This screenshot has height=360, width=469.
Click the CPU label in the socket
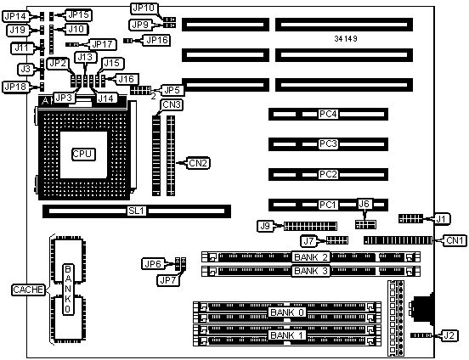coord(83,154)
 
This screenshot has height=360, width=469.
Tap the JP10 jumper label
coord(144,8)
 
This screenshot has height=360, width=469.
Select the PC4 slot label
coord(328,114)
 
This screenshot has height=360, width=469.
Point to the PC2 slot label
coord(328,174)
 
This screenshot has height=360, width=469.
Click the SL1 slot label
coord(137,211)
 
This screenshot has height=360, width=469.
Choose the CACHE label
coord(28,290)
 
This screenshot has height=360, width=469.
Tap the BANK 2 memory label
coord(311,257)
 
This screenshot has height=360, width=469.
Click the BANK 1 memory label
coord(287,335)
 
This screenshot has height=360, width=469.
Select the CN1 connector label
coord(455,240)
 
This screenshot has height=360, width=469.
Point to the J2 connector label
coord(449,335)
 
